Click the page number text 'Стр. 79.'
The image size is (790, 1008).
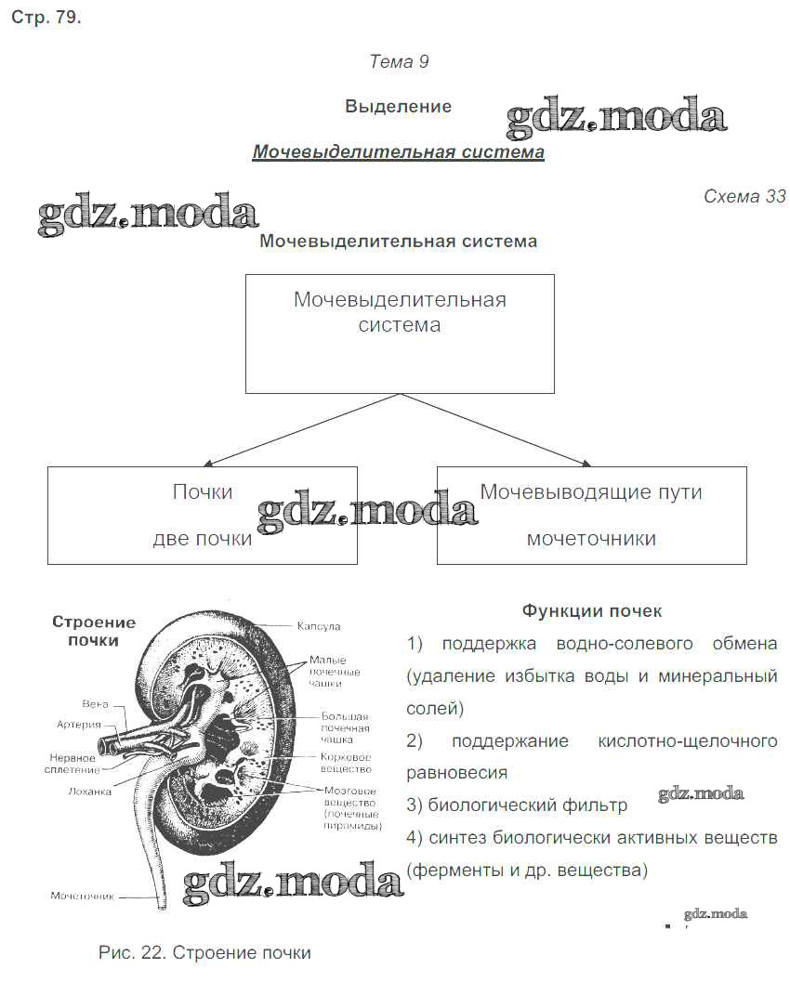[46, 19]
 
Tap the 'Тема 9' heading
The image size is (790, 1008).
[399, 62]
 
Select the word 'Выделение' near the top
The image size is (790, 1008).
[398, 107]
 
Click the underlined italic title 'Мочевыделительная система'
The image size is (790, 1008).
[398, 151]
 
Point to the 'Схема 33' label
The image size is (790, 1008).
[744, 196]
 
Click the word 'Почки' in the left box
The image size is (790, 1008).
[202, 491]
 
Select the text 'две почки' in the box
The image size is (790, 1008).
[202, 539]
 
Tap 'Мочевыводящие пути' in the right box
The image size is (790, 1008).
[591, 491]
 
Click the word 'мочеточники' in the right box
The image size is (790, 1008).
[591, 539]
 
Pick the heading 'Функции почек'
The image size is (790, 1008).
[592, 610]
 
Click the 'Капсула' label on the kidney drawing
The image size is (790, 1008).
[319, 627]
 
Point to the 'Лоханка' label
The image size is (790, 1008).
[90, 792]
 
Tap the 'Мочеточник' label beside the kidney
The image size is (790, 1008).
[82, 897]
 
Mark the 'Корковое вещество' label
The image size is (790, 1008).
[346, 763]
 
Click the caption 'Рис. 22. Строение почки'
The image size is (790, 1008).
[204, 953]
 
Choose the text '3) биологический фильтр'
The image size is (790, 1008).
[517, 805]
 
